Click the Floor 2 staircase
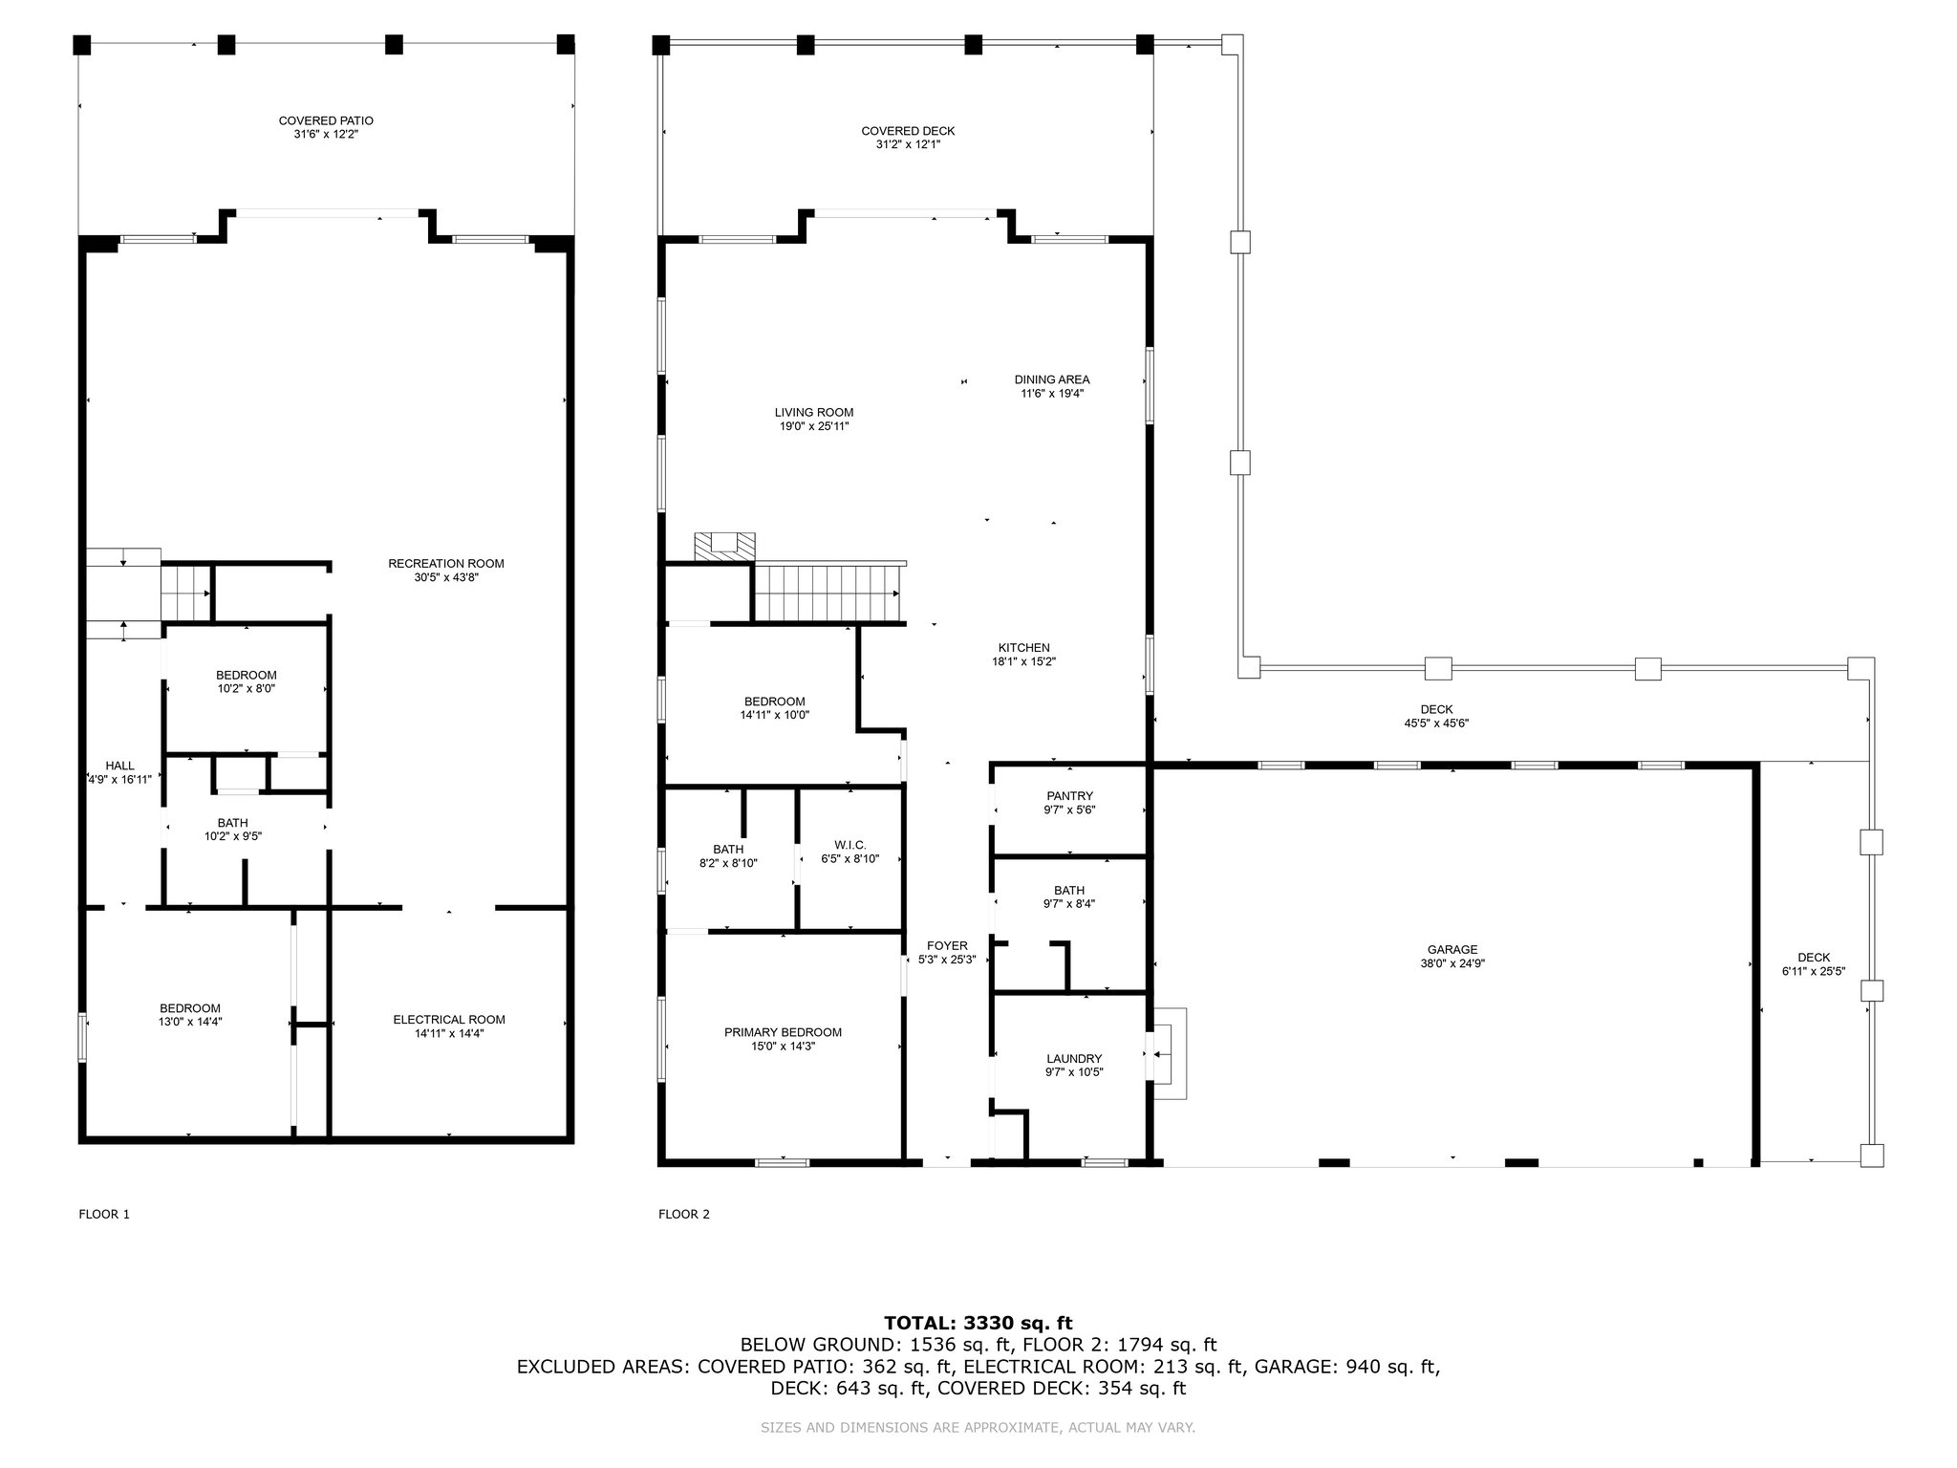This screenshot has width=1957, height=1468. point(828,592)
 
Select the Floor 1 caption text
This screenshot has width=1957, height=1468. point(103,1215)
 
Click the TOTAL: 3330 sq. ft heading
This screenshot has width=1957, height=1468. point(978,1323)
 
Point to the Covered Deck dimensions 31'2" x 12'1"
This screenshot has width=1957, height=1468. point(908,144)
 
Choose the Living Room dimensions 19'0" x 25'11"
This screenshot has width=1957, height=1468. point(814,426)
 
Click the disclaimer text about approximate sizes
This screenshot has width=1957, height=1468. point(978,1428)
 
